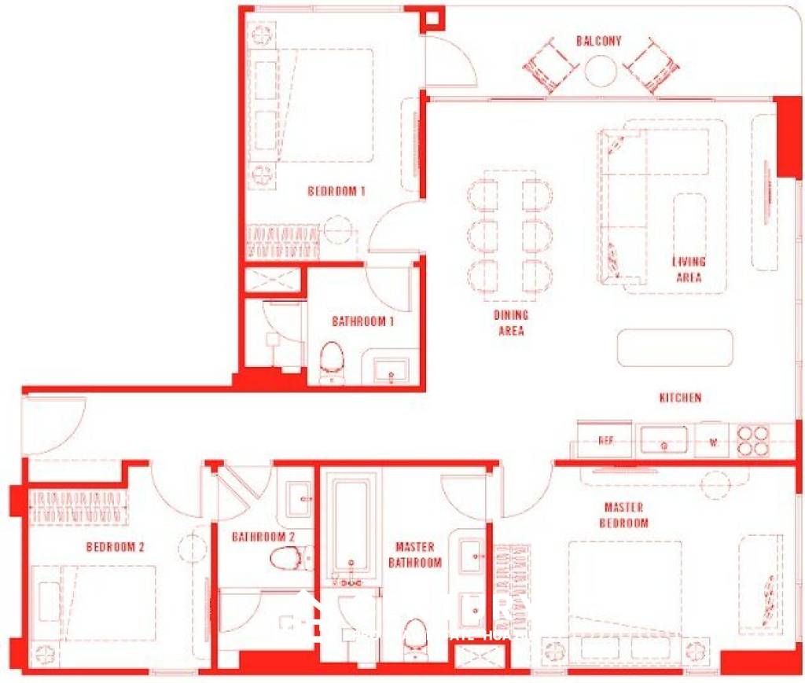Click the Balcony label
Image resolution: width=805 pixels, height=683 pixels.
(x=598, y=41)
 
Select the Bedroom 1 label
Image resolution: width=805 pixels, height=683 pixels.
(x=336, y=191)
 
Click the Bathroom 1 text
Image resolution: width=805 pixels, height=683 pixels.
(x=362, y=321)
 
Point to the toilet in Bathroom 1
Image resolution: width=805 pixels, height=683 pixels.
(x=334, y=361)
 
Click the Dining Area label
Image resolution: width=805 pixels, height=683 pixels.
(x=511, y=323)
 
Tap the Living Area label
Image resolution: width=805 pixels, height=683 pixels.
(x=689, y=270)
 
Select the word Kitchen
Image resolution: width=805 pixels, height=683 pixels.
(x=680, y=398)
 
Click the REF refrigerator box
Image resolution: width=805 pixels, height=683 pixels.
(x=605, y=440)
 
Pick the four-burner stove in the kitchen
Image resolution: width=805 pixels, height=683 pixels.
(x=753, y=441)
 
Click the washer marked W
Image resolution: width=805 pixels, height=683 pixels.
(x=714, y=441)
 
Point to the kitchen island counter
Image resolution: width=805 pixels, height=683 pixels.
(x=675, y=347)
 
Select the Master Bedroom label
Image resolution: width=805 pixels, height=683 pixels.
(x=624, y=515)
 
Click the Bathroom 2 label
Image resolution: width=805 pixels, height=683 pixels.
(x=263, y=537)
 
